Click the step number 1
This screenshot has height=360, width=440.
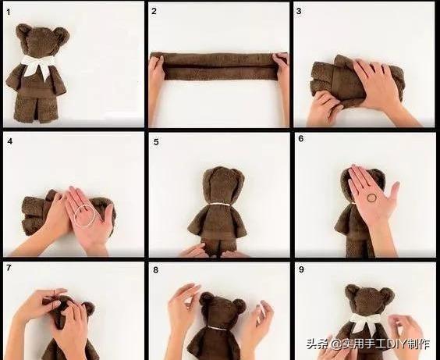pyautogui.click(x=9, y=12)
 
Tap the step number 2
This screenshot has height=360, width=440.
pyautogui.click(x=154, y=11)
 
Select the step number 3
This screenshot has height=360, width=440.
pyautogui.click(x=299, y=11)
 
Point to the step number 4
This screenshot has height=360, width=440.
pyautogui.click(x=10, y=141)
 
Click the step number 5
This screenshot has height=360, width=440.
pyautogui.click(x=156, y=142)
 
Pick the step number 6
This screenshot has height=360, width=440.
pyautogui.click(x=301, y=139)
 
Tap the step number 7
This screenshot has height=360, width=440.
pyautogui.click(x=9, y=268)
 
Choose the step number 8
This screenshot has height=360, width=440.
pyautogui.click(x=156, y=270)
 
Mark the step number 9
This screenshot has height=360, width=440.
pyautogui.click(x=301, y=269)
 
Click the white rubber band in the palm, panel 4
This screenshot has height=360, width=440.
pyautogui.click(x=85, y=215)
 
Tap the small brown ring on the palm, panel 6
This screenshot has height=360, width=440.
pyautogui.click(x=372, y=198)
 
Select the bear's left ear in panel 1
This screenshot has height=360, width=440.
pyautogui.click(x=22, y=31)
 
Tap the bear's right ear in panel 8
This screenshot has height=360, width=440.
pyautogui.click(x=240, y=305)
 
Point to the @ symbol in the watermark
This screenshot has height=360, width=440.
pyautogui.click(x=335, y=344)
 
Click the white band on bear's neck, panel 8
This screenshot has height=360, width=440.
pyautogui.click(x=217, y=327)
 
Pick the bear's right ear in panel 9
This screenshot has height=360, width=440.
pyautogui.click(x=388, y=294)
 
